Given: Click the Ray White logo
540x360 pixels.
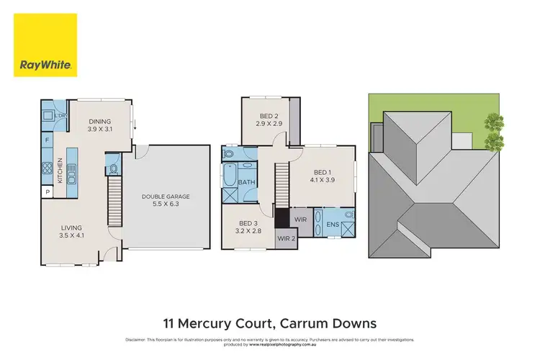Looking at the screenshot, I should [x=45, y=45].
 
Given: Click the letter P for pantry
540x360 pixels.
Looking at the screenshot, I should [x=48, y=192].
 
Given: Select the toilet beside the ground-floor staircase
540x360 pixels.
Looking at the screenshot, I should [x=113, y=169].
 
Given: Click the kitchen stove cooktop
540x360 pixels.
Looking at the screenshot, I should [x=47, y=170].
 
